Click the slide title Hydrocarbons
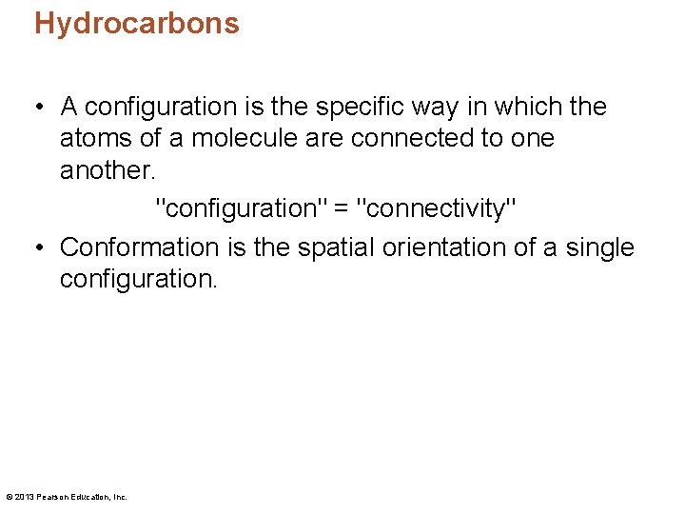pos(137,23)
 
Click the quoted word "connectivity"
pos(437,207)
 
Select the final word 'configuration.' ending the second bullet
pos(139,280)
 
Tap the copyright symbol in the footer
pos(9,497)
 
